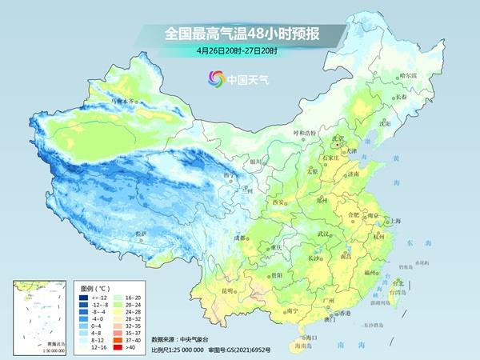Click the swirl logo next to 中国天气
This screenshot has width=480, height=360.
pyautogui.click(x=216, y=79)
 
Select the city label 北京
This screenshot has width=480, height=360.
pyautogui.click(x=338, y=138)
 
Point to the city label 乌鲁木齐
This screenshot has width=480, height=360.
pyautogui.click(x=124, y=102)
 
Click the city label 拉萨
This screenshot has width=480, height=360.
pyautogui.click(x=141, y=234)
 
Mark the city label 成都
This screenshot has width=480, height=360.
pyautogui.click(x=240, y=238)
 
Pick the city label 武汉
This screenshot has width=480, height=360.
pyautogui.click(x=323, y=234)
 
